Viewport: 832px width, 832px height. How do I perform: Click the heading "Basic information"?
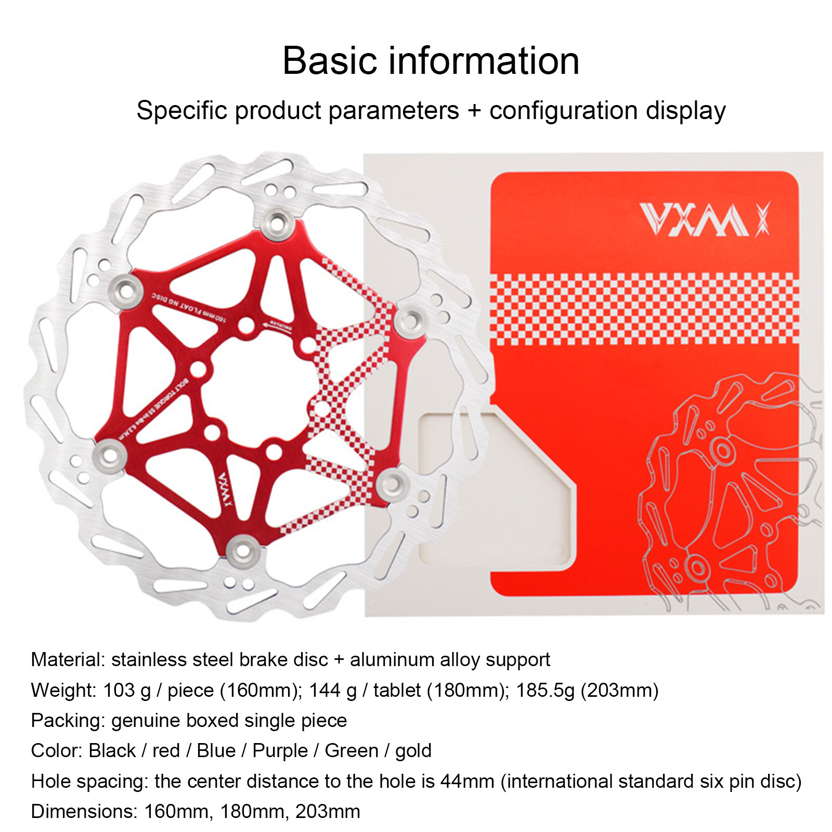tap(431, 61)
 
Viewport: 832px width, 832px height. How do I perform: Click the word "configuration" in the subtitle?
tap(563, 111)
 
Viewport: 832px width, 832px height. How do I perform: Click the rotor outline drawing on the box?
tap(728, 494)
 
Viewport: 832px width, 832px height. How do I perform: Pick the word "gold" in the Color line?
tap(413, 751)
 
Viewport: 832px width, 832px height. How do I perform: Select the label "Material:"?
tap(68, 660)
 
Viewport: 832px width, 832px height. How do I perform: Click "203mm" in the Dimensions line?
tap(328, 811)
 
